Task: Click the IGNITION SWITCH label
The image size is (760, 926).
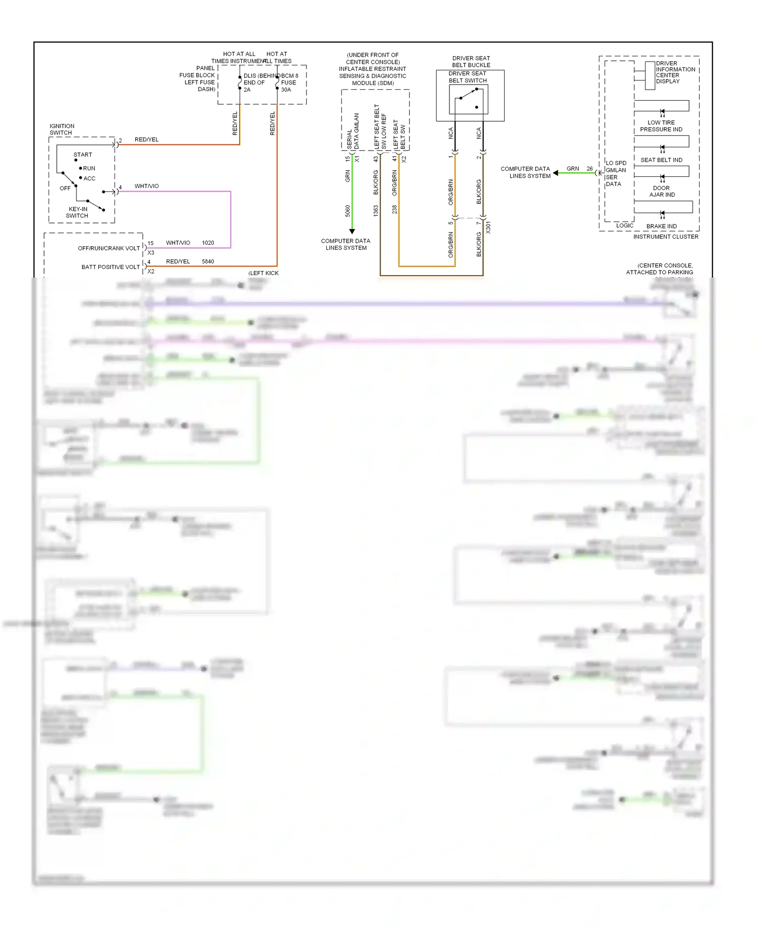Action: coord(62,129)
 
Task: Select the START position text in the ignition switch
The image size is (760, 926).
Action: coord(83,155)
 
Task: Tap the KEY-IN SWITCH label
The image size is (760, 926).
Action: coord(78,212)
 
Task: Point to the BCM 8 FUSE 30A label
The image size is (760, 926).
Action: coord(289,83)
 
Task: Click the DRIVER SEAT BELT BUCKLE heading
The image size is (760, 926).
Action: coord(471,61)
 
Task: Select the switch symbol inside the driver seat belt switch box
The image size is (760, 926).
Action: coord(469,99)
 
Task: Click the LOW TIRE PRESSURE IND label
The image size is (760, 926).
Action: coord(661,126)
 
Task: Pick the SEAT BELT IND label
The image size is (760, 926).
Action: coord(661,160)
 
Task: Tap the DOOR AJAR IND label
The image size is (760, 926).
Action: coord(662,191)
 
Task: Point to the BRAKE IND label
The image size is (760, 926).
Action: coord(661,226)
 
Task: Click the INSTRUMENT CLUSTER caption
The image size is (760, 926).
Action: coord(665,237)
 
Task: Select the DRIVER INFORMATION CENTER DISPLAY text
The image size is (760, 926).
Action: coord(675,72)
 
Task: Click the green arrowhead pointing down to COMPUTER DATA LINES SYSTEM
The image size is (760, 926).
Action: coord(352,231)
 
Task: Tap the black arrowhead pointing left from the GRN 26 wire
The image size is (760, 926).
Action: coord(556,173)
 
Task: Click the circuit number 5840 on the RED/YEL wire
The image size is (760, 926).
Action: coord(208,261)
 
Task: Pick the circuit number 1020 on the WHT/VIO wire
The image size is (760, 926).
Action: coord(208,243)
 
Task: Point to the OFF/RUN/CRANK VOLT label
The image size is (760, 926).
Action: coord(108,248)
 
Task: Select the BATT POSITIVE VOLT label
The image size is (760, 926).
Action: coord(110,267)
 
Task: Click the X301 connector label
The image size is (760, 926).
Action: coord(488,227)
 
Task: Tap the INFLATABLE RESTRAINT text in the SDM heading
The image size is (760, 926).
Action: coord(372,69)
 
